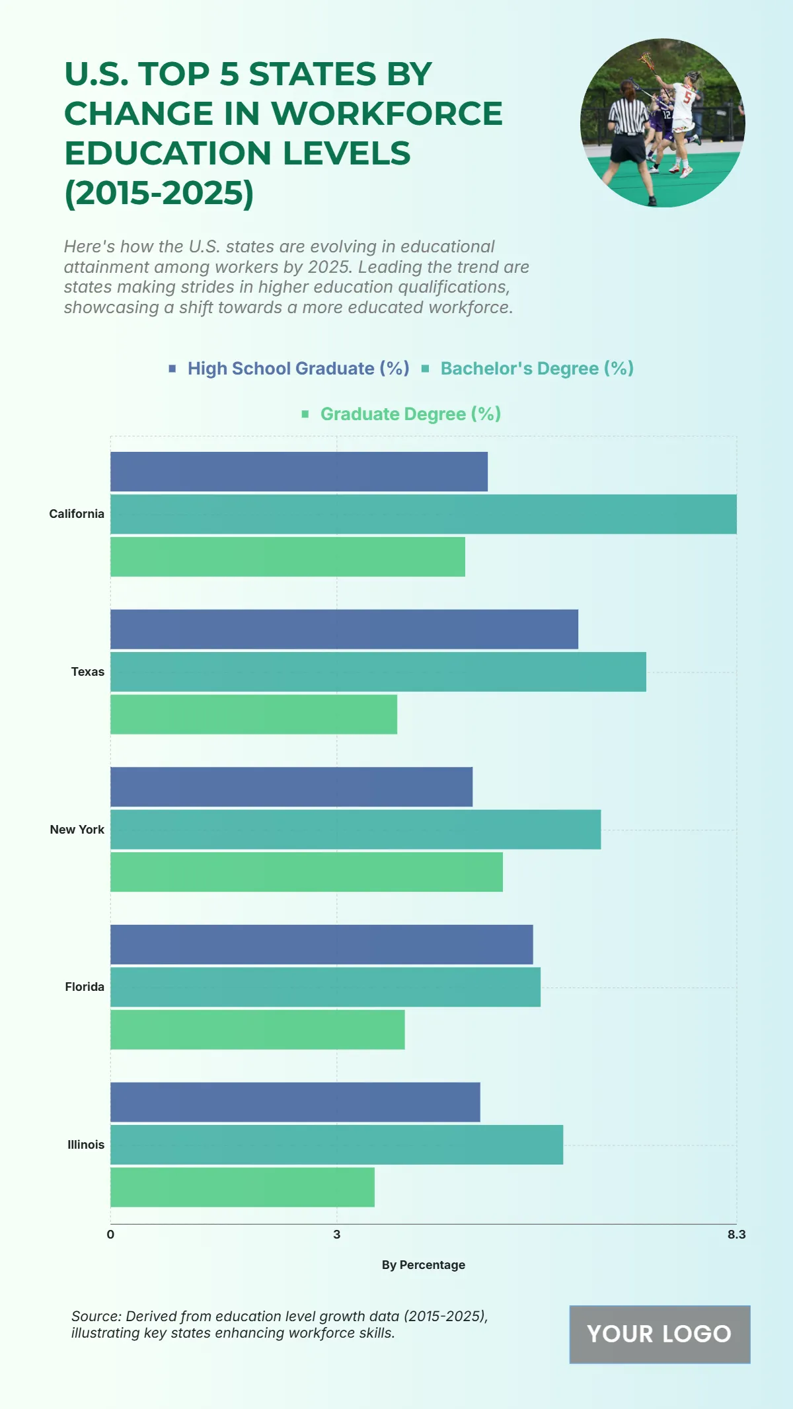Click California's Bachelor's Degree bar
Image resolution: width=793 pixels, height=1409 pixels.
(423, 514)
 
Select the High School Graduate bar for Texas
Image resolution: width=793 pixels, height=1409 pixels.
(344, 629)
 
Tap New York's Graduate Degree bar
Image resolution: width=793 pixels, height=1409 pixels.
(306, 872)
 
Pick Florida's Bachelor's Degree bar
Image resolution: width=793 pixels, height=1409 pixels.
(325, 987)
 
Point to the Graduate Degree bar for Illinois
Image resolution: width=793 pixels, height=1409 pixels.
(242, 1187)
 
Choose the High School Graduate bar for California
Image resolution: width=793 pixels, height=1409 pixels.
(299, 472)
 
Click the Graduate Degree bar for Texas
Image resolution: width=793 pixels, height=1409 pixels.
(253, 714)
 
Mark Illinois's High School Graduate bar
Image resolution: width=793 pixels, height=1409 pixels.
(295, 1102)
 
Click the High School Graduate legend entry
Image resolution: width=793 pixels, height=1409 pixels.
(297, 369)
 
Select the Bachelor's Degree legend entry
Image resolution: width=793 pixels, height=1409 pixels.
(537, 369)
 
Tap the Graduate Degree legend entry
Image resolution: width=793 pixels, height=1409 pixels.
(410, 414)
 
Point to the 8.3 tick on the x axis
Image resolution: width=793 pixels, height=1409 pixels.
(736, 1235)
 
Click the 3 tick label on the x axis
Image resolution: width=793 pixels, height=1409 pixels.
(336, 1235)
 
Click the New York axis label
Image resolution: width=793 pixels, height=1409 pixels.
(77, 830)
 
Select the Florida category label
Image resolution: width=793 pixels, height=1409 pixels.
(85, 987)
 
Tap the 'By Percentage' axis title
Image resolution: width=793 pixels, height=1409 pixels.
(423, 1265)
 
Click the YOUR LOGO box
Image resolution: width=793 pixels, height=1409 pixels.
(660, 1334)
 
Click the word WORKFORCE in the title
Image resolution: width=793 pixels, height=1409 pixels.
(387, 114)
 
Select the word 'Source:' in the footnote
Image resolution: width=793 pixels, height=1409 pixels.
(96, 1316)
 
